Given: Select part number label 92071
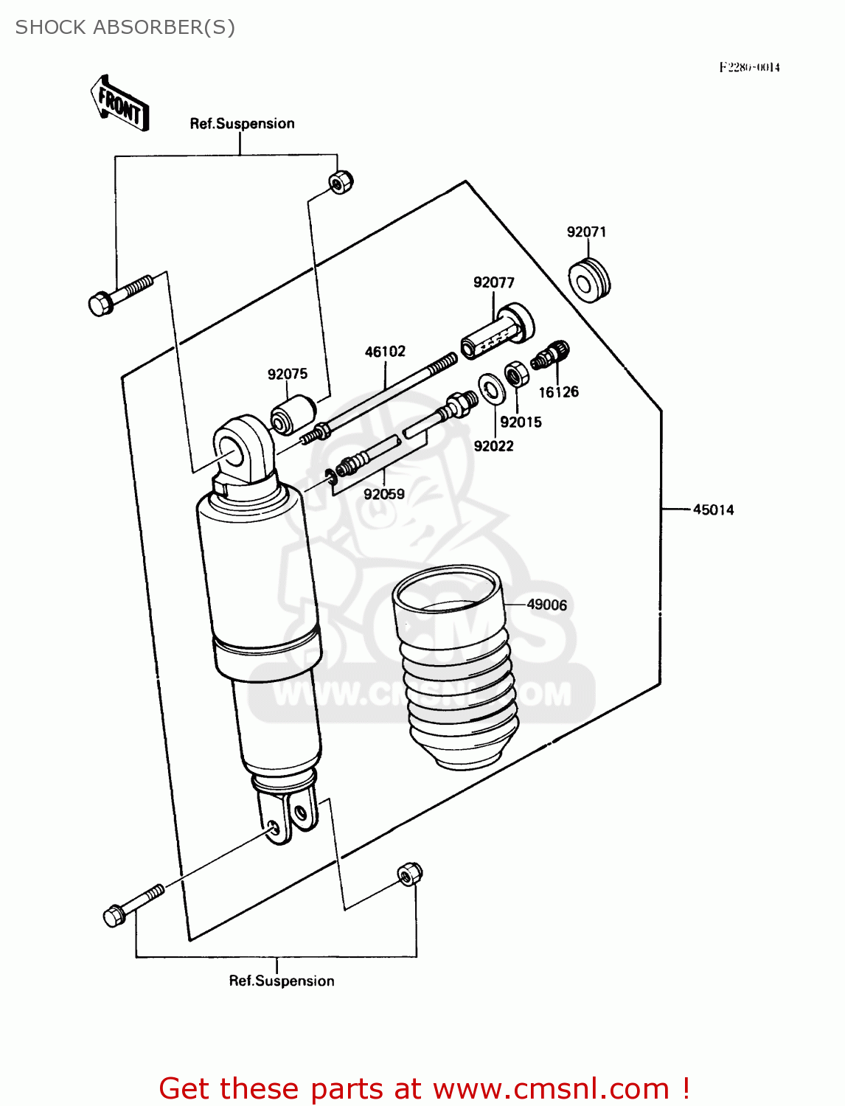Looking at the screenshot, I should [586, 232].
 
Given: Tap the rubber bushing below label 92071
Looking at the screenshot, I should [589, 280].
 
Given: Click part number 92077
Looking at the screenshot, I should [493, 283].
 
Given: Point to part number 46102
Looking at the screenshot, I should [385, 352].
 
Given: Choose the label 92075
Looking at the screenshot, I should [288, 375].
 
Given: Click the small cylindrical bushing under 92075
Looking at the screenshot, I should [293, 414].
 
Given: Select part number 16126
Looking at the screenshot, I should [558, 392].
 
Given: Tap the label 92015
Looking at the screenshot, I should [521, 422].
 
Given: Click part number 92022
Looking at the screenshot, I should [493, 446].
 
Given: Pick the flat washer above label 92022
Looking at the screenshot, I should [491, 389].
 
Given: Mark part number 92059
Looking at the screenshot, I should [384, 495].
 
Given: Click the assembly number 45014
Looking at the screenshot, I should [713, 510].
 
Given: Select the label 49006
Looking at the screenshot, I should [546, 605].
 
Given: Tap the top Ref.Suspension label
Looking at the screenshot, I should [242, 124].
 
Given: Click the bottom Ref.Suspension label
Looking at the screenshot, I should [281, 981].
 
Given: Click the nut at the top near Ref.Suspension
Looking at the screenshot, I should [340, 181].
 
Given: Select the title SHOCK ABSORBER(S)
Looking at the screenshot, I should [125, 27].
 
